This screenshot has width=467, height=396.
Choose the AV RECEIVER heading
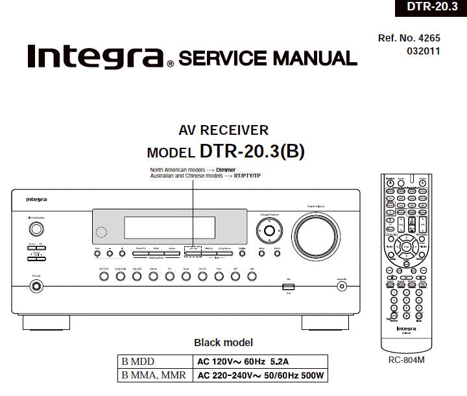[224, 130]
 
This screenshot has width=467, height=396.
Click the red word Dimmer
[226, 170]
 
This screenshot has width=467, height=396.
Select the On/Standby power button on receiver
[37, 228]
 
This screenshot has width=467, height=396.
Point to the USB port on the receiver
[288, 286]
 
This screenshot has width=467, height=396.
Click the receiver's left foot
[47, 321]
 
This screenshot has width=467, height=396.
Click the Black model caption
[224, 342]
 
